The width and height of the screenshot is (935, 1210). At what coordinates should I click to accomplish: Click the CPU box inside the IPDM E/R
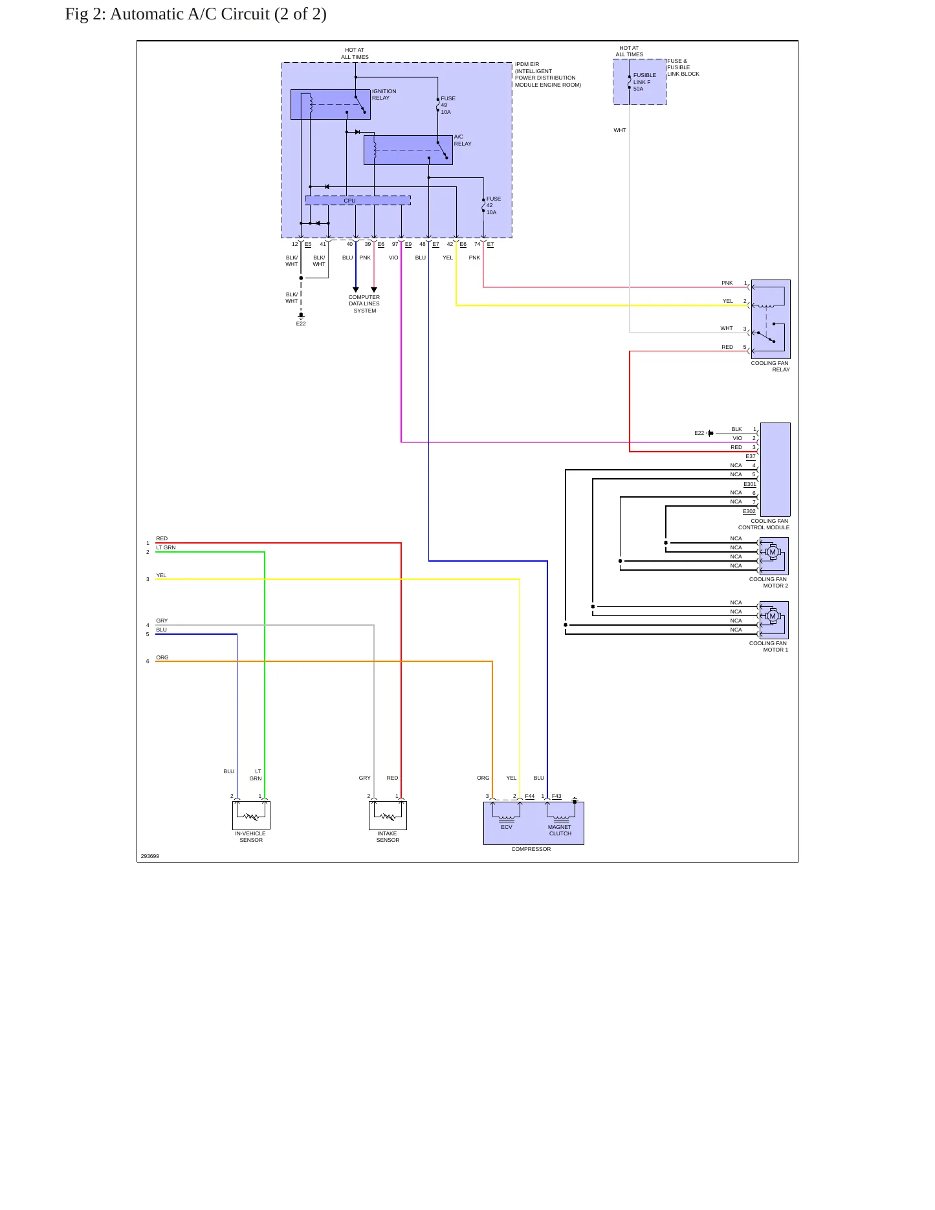(358, 201)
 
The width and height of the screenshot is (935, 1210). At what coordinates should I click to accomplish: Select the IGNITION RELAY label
(384, 94)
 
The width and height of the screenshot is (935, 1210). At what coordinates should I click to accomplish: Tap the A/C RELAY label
(463, 140)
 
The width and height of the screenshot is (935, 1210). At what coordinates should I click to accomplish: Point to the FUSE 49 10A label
(448, 105)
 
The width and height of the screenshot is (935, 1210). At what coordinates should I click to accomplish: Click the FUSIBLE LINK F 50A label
(644, 82)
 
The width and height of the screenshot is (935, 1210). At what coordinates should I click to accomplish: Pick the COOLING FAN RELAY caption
(770, 366)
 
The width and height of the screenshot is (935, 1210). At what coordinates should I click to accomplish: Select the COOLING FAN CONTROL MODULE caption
(764, 524)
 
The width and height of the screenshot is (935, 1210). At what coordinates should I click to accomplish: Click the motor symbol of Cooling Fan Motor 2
(772, 553)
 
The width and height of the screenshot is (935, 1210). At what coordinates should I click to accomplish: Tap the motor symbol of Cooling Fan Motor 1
(772, 616)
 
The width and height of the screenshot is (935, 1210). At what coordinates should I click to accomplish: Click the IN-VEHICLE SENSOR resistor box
(251, 815)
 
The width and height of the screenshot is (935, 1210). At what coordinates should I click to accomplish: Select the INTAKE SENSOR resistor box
(388, 815)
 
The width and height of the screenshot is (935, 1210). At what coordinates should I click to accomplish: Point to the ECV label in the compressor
(507, 827)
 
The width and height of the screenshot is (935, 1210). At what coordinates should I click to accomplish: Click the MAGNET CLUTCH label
(560, 830)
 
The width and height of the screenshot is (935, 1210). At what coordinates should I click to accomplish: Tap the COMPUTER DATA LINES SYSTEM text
(364, 304)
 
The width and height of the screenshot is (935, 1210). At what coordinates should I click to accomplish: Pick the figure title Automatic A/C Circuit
(195, 14)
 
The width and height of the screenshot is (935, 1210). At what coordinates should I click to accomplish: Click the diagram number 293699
(150, 856)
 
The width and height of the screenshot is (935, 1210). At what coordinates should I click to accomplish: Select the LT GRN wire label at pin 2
(166, 547)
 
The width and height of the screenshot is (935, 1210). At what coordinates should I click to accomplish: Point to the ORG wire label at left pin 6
(162, 657)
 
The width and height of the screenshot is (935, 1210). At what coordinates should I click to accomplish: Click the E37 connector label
(751, 456)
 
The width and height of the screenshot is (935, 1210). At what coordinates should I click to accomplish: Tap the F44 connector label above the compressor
(530, 797)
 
